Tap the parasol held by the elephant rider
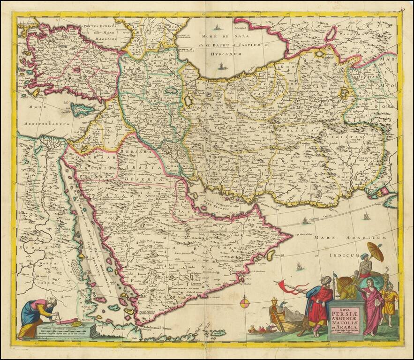375,252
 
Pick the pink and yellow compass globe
245,303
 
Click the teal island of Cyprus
83,110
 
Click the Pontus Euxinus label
99,28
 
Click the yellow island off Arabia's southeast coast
270,255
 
